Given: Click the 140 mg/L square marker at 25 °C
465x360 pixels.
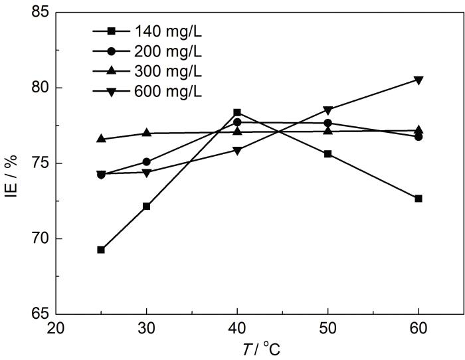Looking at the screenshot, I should [101, 250].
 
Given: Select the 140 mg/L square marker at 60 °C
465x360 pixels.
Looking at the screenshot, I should [418, 199].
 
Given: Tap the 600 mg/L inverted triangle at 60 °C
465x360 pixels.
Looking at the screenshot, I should [418, 80].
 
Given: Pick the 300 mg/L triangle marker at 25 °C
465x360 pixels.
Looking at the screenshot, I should [101, 139].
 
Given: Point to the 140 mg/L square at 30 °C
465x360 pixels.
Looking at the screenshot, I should [146, 207].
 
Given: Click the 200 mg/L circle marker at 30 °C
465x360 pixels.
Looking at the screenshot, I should [146, 161].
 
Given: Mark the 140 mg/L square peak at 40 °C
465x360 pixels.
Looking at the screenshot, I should [237, 112].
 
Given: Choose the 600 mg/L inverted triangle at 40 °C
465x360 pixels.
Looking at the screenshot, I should [237, 150].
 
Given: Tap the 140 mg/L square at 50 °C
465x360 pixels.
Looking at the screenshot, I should [327, 154].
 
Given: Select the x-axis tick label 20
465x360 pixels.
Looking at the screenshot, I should [56, 328].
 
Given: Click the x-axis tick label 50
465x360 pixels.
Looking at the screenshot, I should [327, 328].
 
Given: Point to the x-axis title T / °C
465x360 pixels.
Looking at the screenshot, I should [259, 348].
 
